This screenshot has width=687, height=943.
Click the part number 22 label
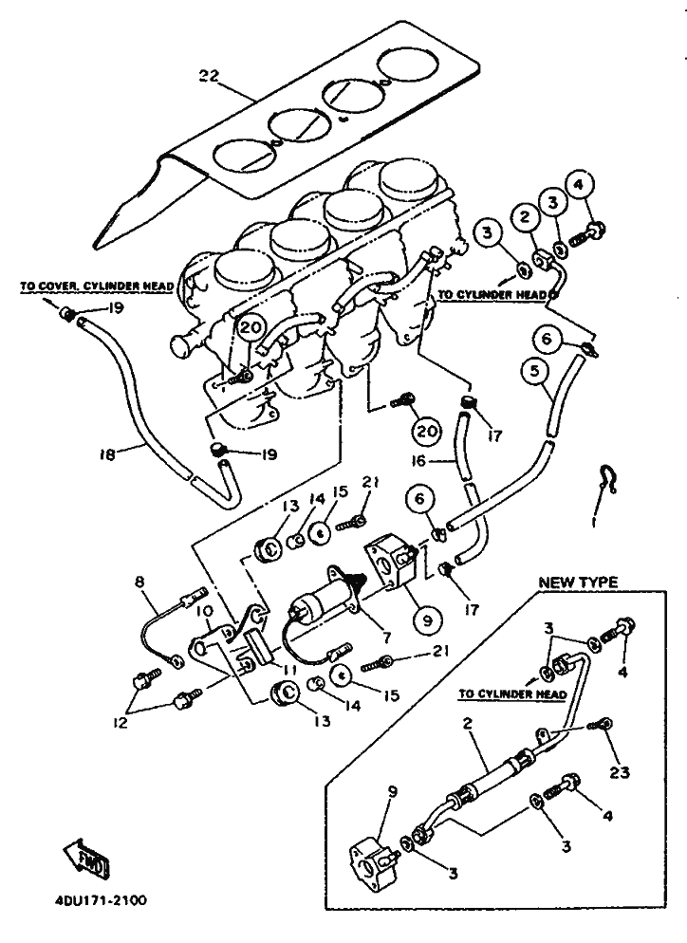(x=209, y=75)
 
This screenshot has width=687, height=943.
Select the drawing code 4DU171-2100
(x=96, y=900)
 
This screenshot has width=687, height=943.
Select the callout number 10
(x=206, y=626)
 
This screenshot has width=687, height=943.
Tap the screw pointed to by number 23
(x=596, y=726)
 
